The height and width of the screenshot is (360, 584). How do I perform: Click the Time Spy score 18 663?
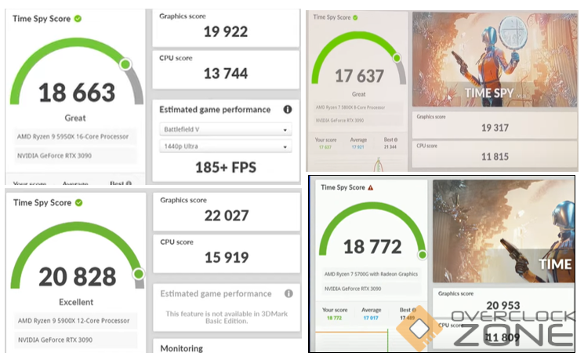tap(77, 93)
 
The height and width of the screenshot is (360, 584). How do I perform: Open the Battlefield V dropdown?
tap(226, 129)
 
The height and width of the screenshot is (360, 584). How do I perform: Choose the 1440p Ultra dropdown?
tap(226, 146)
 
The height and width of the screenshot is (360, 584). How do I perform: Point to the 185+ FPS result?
tap(225, 167)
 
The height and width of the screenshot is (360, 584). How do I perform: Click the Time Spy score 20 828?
tap(77, 276)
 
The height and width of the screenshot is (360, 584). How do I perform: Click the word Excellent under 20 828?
tap(76, 302)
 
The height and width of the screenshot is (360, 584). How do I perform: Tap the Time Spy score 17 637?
tap(359, 76)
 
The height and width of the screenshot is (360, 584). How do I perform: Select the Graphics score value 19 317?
tap(495, 127)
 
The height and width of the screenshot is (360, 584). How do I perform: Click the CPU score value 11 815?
tap(495, 156)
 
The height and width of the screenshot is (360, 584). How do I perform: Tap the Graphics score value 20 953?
tap(502, 306)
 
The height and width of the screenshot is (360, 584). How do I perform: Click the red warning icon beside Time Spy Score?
tap(370, 188)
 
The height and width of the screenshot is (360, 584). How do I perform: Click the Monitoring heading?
tap(182, 348)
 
